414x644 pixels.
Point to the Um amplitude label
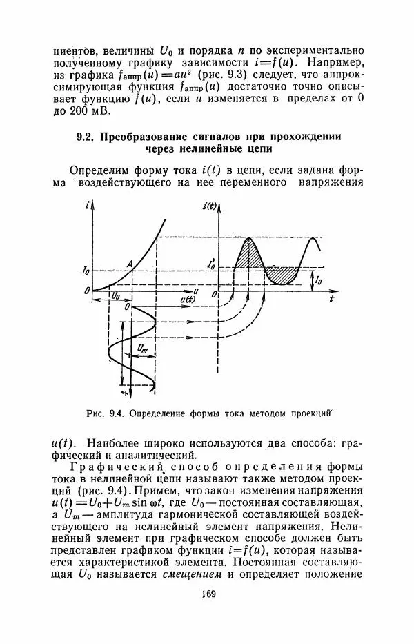point(143,350)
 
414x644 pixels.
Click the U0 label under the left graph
point(115,295)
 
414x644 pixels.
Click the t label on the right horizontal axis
point(331,300)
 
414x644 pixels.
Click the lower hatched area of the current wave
point(282,274)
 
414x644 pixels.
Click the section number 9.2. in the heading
point(86,137)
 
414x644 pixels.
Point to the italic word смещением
point(191,572)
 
